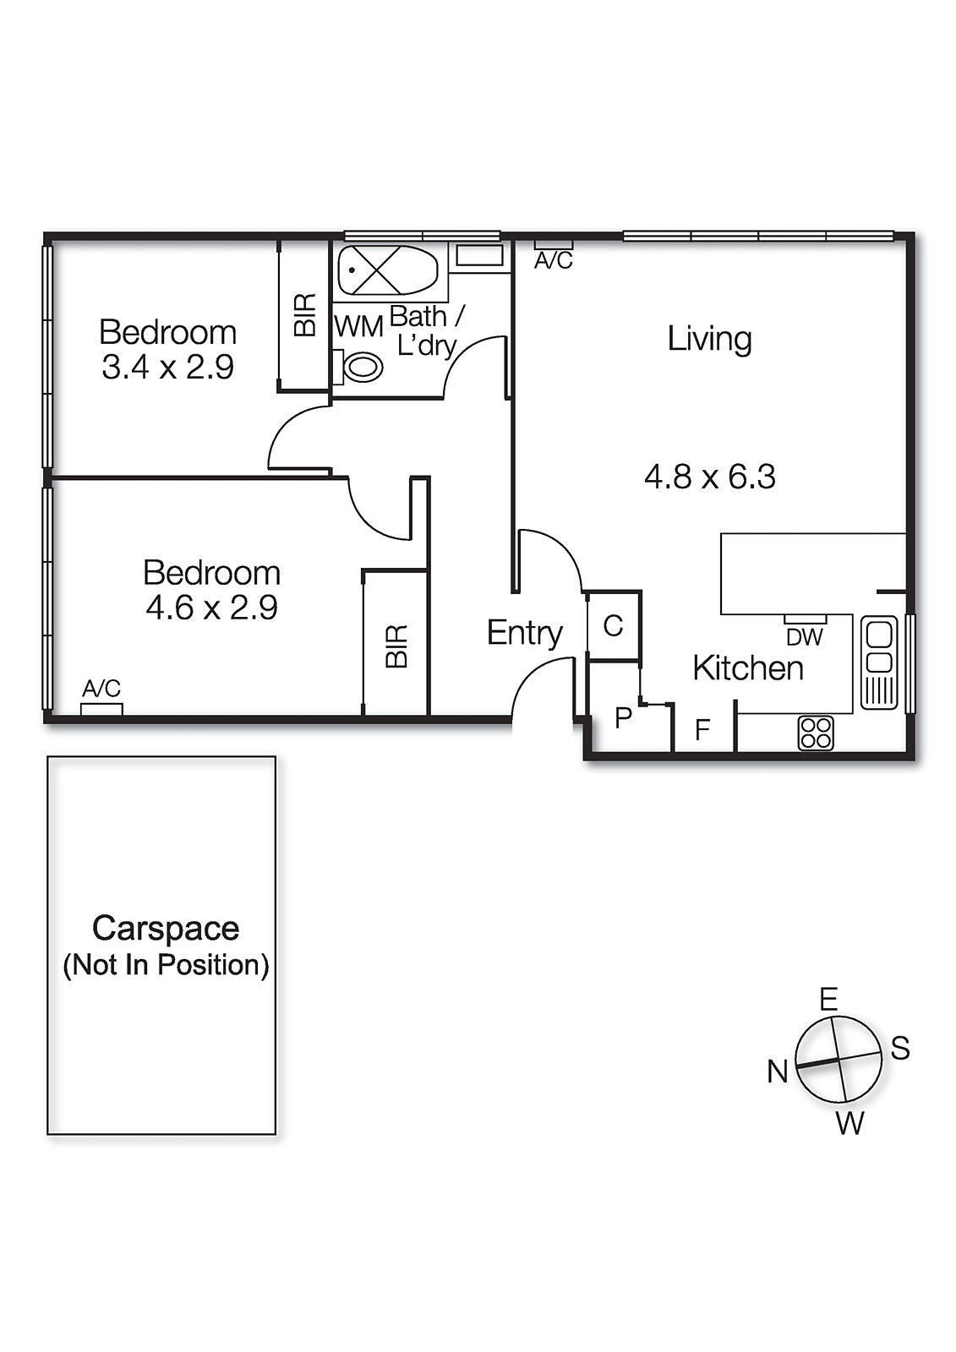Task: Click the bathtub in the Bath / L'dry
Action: [x=388, y=270]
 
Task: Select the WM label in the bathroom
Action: [x=358, y=327]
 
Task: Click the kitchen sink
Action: [x=879, y=662]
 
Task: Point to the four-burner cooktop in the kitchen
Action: [x=816, y=733]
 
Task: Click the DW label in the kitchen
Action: [x=805, y=637]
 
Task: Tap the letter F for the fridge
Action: [x=702, y=730]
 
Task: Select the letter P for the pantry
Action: [x=623, y=718]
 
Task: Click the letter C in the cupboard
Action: [x=613, y=626]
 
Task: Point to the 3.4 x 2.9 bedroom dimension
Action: [x=168, y=367]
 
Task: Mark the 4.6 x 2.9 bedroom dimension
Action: [x=211, y=608]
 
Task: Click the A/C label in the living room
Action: [x=554, y=261]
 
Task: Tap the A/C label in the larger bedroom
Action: [x=101, y=688]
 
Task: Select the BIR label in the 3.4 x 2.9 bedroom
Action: [x=306, y=315]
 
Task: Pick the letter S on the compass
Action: [x=900, y=1049]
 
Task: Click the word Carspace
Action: [x=166, y=929]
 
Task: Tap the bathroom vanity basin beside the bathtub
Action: [x=479, y=255]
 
